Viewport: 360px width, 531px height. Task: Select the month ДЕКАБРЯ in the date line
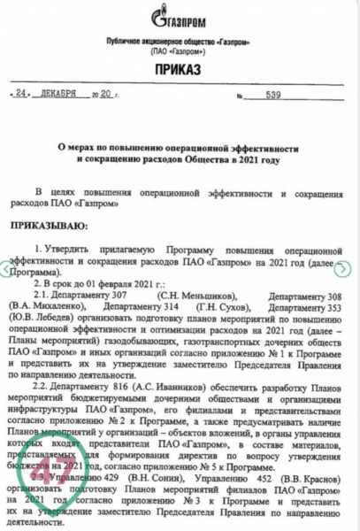pos(66,93)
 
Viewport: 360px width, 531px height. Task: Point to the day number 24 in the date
pos(22,93)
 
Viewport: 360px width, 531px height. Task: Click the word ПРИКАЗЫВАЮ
pos(53,227)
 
